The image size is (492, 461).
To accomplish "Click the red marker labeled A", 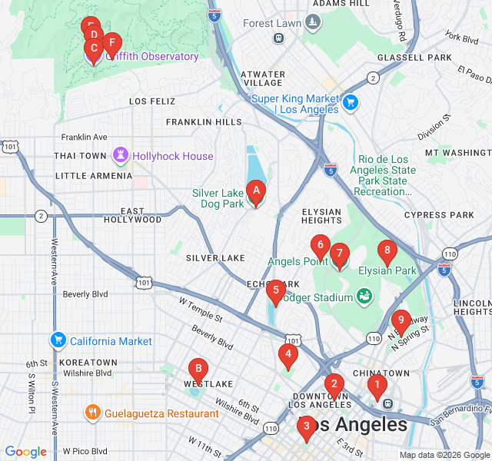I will pos(256,191).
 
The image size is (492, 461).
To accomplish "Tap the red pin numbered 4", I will pos(288,355).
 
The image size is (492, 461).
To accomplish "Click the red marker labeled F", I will pos(112,44).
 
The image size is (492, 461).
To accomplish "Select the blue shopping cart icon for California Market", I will pos(58,340).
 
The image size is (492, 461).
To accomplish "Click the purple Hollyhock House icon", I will pos(121,156).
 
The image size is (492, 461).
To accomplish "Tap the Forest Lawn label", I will pos(272,23).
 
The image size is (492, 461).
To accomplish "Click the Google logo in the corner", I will pos(25,452).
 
